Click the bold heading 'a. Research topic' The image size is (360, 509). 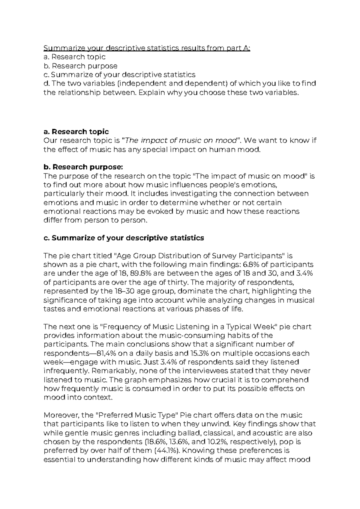click(76, 132)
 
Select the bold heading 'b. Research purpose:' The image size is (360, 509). click(83, 167)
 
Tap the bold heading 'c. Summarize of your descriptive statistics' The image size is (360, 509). click(124, 238)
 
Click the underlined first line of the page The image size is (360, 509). click(146, 48)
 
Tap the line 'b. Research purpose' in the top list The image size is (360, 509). click(80, 66)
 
